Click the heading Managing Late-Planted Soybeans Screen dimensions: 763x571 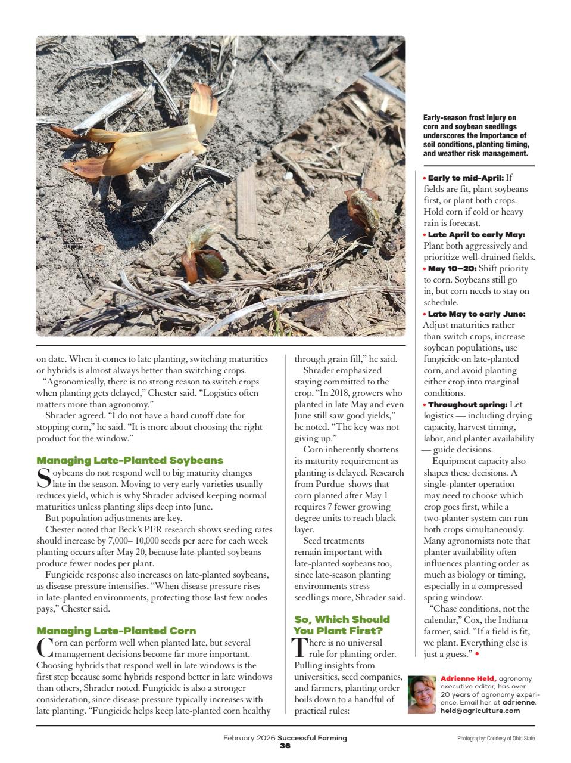click(130, 461)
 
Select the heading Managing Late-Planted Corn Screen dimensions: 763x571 click(116, 631)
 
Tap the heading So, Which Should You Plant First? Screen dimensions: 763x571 click(342, 625)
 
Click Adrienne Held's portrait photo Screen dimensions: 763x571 click(423, 694)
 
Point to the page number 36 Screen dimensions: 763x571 click(285, 746)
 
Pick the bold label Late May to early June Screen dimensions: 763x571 click(476, 314)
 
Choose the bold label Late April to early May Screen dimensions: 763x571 click(476, 234)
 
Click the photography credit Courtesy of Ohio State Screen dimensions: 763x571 click(496, 739)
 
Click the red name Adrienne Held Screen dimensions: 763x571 click(468, 678)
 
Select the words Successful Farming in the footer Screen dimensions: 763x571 click(312, 738)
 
